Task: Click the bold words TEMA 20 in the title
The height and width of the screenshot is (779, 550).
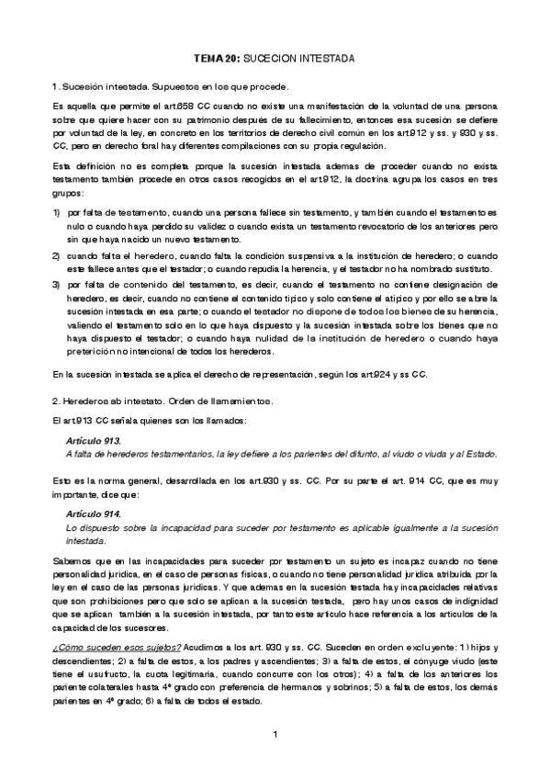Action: click(217, 57)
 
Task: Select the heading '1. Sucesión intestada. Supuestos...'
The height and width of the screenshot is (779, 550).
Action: click(179, 85)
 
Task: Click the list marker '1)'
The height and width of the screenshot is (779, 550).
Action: click(58, 213)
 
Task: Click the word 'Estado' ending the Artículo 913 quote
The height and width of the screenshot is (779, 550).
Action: click(479, 455)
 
